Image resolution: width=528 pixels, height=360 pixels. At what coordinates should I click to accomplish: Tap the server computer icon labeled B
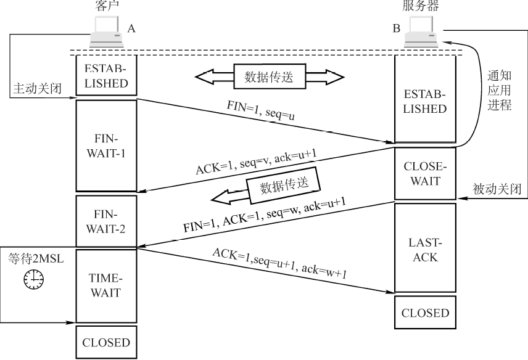point(421,33)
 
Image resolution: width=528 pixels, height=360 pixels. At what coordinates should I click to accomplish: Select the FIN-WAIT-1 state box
point(105,145)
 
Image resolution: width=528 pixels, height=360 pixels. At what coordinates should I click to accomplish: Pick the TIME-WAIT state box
point(105,285)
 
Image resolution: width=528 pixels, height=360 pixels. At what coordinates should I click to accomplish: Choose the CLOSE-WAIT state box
point(426,173)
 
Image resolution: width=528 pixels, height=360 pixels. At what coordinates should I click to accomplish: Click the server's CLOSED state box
point(426,313)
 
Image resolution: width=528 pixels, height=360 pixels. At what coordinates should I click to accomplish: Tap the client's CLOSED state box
point(105,342)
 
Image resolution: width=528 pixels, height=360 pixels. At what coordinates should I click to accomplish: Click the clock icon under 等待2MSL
point(33,280)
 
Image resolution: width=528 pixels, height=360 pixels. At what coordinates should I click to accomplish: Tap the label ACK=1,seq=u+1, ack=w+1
point(279,264)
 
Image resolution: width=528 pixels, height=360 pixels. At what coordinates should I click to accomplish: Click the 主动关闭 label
point(37,88)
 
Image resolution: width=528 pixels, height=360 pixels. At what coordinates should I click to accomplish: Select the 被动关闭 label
point(497,187)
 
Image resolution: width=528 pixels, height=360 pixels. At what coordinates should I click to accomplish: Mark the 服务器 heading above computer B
point(421,7)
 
